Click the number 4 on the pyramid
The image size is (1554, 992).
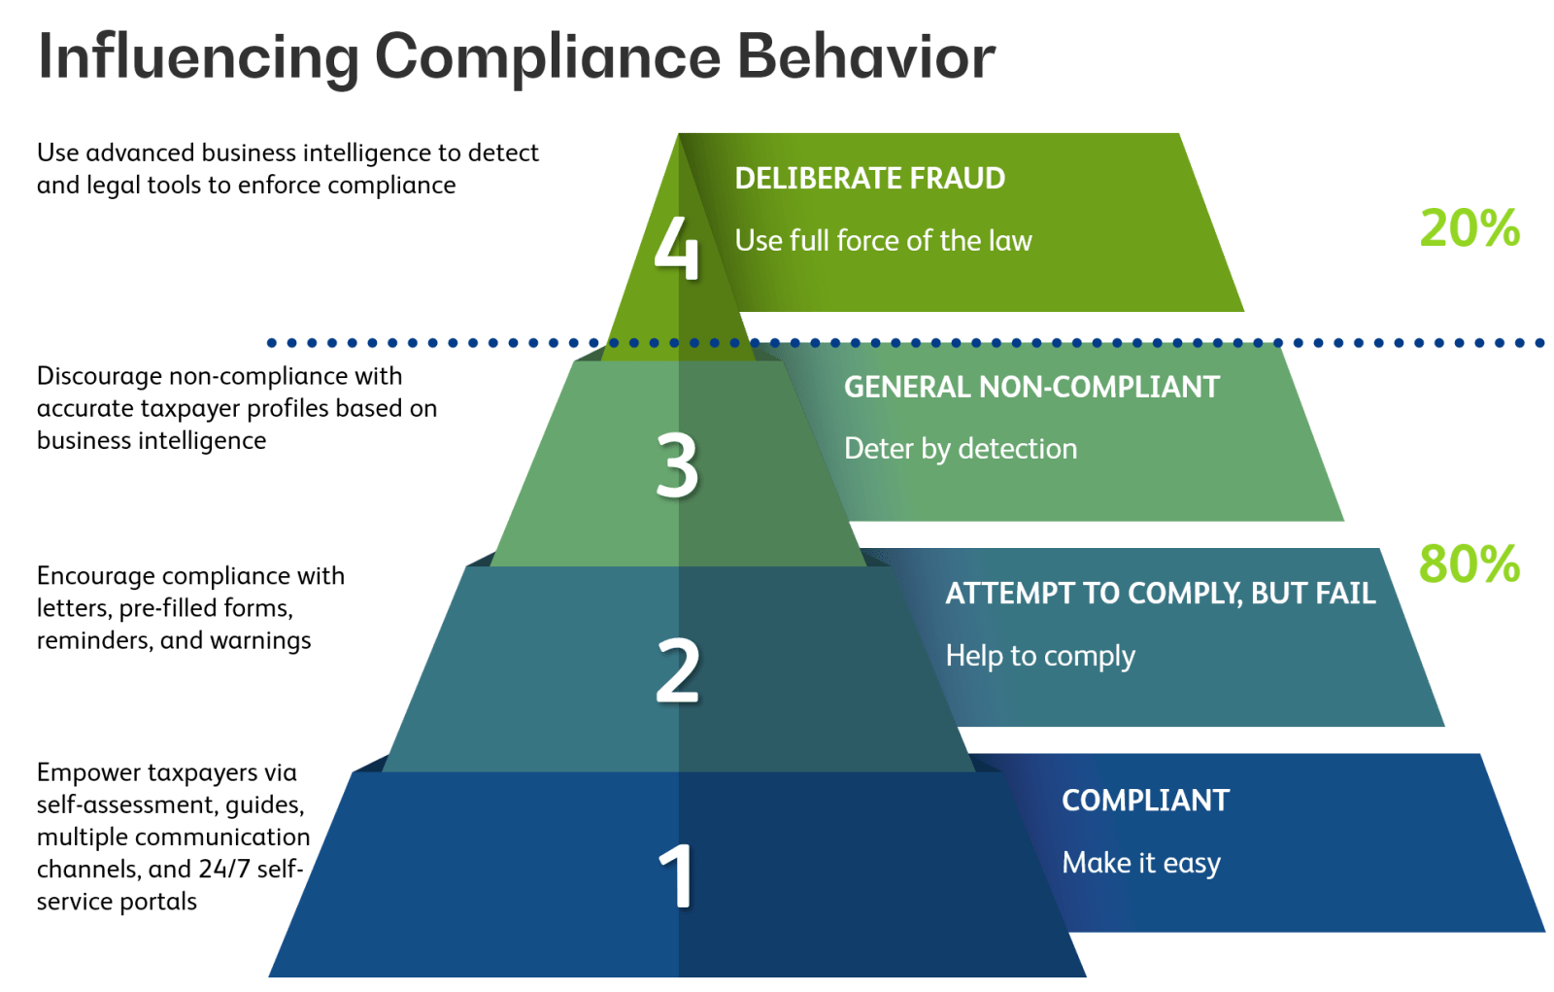(x=676, y=247)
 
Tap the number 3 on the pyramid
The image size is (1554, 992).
(x=677, y=464)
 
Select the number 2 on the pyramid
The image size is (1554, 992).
(x=678, y=669)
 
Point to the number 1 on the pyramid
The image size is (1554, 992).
(x=676, y=875)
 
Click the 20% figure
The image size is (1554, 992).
(x=1470, y=228)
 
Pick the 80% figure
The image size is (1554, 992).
(x=1470, y=564)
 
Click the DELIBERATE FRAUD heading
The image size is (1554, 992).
(x=870, y=179)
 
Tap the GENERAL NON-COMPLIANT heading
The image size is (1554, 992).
(x=1031, y=387)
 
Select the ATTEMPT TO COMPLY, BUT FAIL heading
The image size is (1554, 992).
(x=1161, y=594)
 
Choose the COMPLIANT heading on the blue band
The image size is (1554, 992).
(x=1145, y=801)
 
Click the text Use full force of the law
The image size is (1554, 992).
(x=883, y=240)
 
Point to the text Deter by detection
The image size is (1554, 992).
(x=961, y=449)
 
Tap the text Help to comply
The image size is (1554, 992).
(x=1040, y=656)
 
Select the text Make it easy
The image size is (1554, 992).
(x=1141, y=863)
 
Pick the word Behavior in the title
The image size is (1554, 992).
(x=866, y=56)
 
